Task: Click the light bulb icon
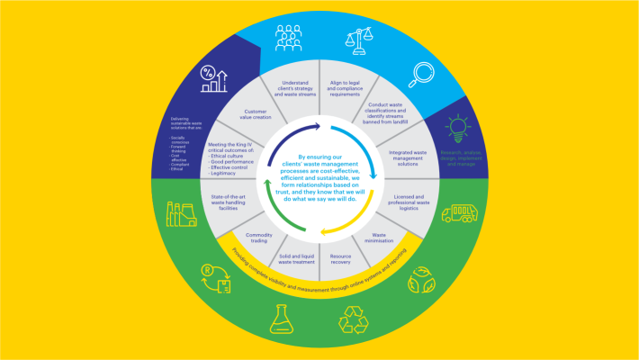pyautogui.click(x=459, y=129)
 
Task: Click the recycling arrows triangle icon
pyautogui.click(x=355, y=319)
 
